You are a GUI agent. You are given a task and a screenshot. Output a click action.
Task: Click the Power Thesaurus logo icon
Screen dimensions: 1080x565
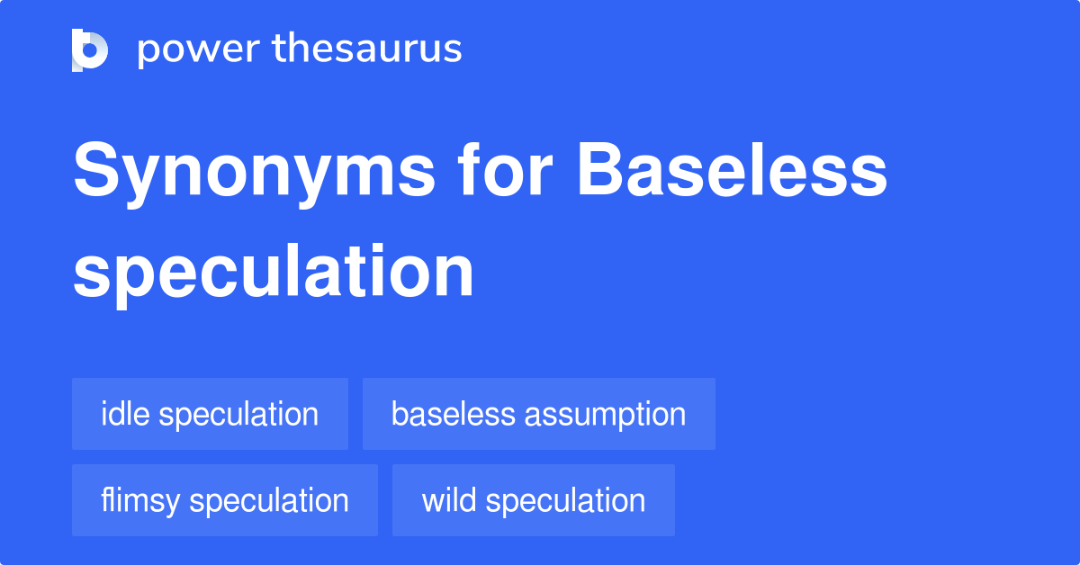point(90,50)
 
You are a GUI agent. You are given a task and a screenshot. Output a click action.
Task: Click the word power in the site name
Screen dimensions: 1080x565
point(199,51)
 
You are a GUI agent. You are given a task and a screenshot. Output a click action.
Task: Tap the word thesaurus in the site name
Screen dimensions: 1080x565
point(367,48)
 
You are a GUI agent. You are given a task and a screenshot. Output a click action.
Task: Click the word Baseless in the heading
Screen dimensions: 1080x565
point(732,170)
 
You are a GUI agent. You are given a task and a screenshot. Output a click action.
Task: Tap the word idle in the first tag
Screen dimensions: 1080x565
point(125,414)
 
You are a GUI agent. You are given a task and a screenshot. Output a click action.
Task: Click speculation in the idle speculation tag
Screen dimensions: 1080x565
point(238,415)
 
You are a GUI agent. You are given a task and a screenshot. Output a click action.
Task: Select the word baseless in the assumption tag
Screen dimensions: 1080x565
point(454,414)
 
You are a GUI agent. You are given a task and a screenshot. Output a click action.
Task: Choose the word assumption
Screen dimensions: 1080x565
point(605,415)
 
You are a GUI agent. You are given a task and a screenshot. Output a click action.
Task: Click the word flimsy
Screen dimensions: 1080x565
point(140,501)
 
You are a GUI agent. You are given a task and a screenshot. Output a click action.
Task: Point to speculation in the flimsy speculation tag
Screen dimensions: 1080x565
point(269,501)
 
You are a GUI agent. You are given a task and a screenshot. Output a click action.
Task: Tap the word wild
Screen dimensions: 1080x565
point(449,499)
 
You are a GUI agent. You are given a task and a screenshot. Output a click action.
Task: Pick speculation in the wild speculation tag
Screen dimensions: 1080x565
point(565,501)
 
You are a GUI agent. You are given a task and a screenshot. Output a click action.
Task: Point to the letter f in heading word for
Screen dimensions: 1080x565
point(470,169)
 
